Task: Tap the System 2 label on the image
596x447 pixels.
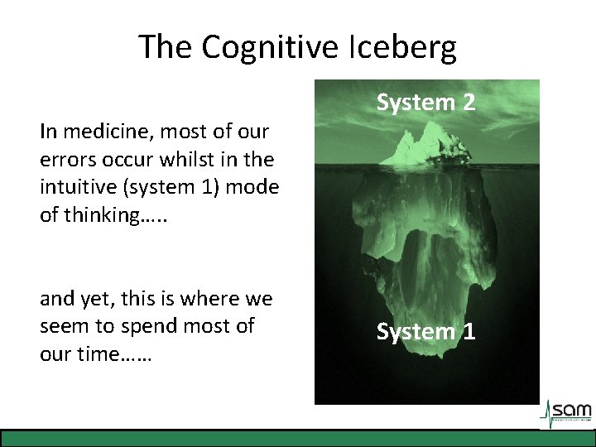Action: point(426,103)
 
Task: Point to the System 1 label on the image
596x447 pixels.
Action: point(426,332)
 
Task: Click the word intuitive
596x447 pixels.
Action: point(75,187)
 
